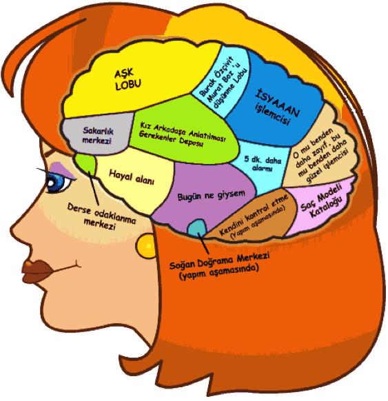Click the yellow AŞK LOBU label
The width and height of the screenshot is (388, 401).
127,79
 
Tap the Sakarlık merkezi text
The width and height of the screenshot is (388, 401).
98,136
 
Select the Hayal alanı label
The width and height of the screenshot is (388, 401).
132,177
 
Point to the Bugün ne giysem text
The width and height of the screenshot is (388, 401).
211,196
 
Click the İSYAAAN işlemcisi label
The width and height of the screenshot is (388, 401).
277,108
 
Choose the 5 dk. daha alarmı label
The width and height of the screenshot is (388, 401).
263,164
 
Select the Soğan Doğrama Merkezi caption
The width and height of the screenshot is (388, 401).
219,261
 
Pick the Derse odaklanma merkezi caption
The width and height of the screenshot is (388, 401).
101,216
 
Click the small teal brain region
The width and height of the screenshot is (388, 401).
197,228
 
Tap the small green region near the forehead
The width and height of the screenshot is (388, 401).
86,164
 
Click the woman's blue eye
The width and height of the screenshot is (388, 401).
57,183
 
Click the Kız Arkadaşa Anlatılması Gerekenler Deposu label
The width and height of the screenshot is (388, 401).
182,135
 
